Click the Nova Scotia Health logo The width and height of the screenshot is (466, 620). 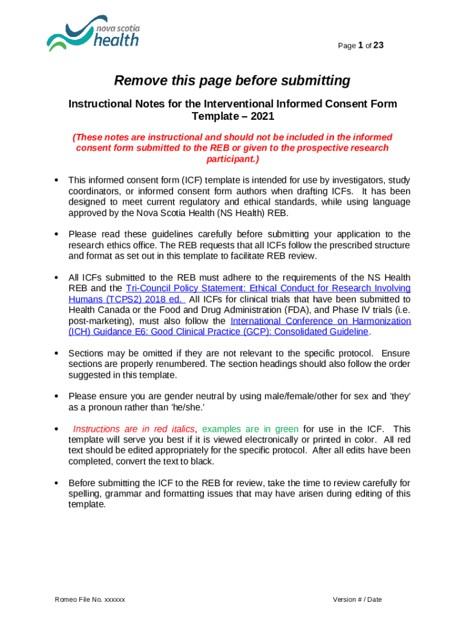coord(93,35)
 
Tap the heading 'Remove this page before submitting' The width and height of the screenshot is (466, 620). coord(232,81)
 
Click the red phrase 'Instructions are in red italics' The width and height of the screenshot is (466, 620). coord(134,429)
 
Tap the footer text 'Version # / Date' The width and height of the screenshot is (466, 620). coord(357,599)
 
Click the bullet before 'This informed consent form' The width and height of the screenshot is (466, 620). coord(56,180)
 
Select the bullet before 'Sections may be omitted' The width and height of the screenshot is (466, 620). coord(56,353)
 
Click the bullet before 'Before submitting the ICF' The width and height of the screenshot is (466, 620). coord(56,483)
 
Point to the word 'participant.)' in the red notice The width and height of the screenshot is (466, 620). coord(232,159)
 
